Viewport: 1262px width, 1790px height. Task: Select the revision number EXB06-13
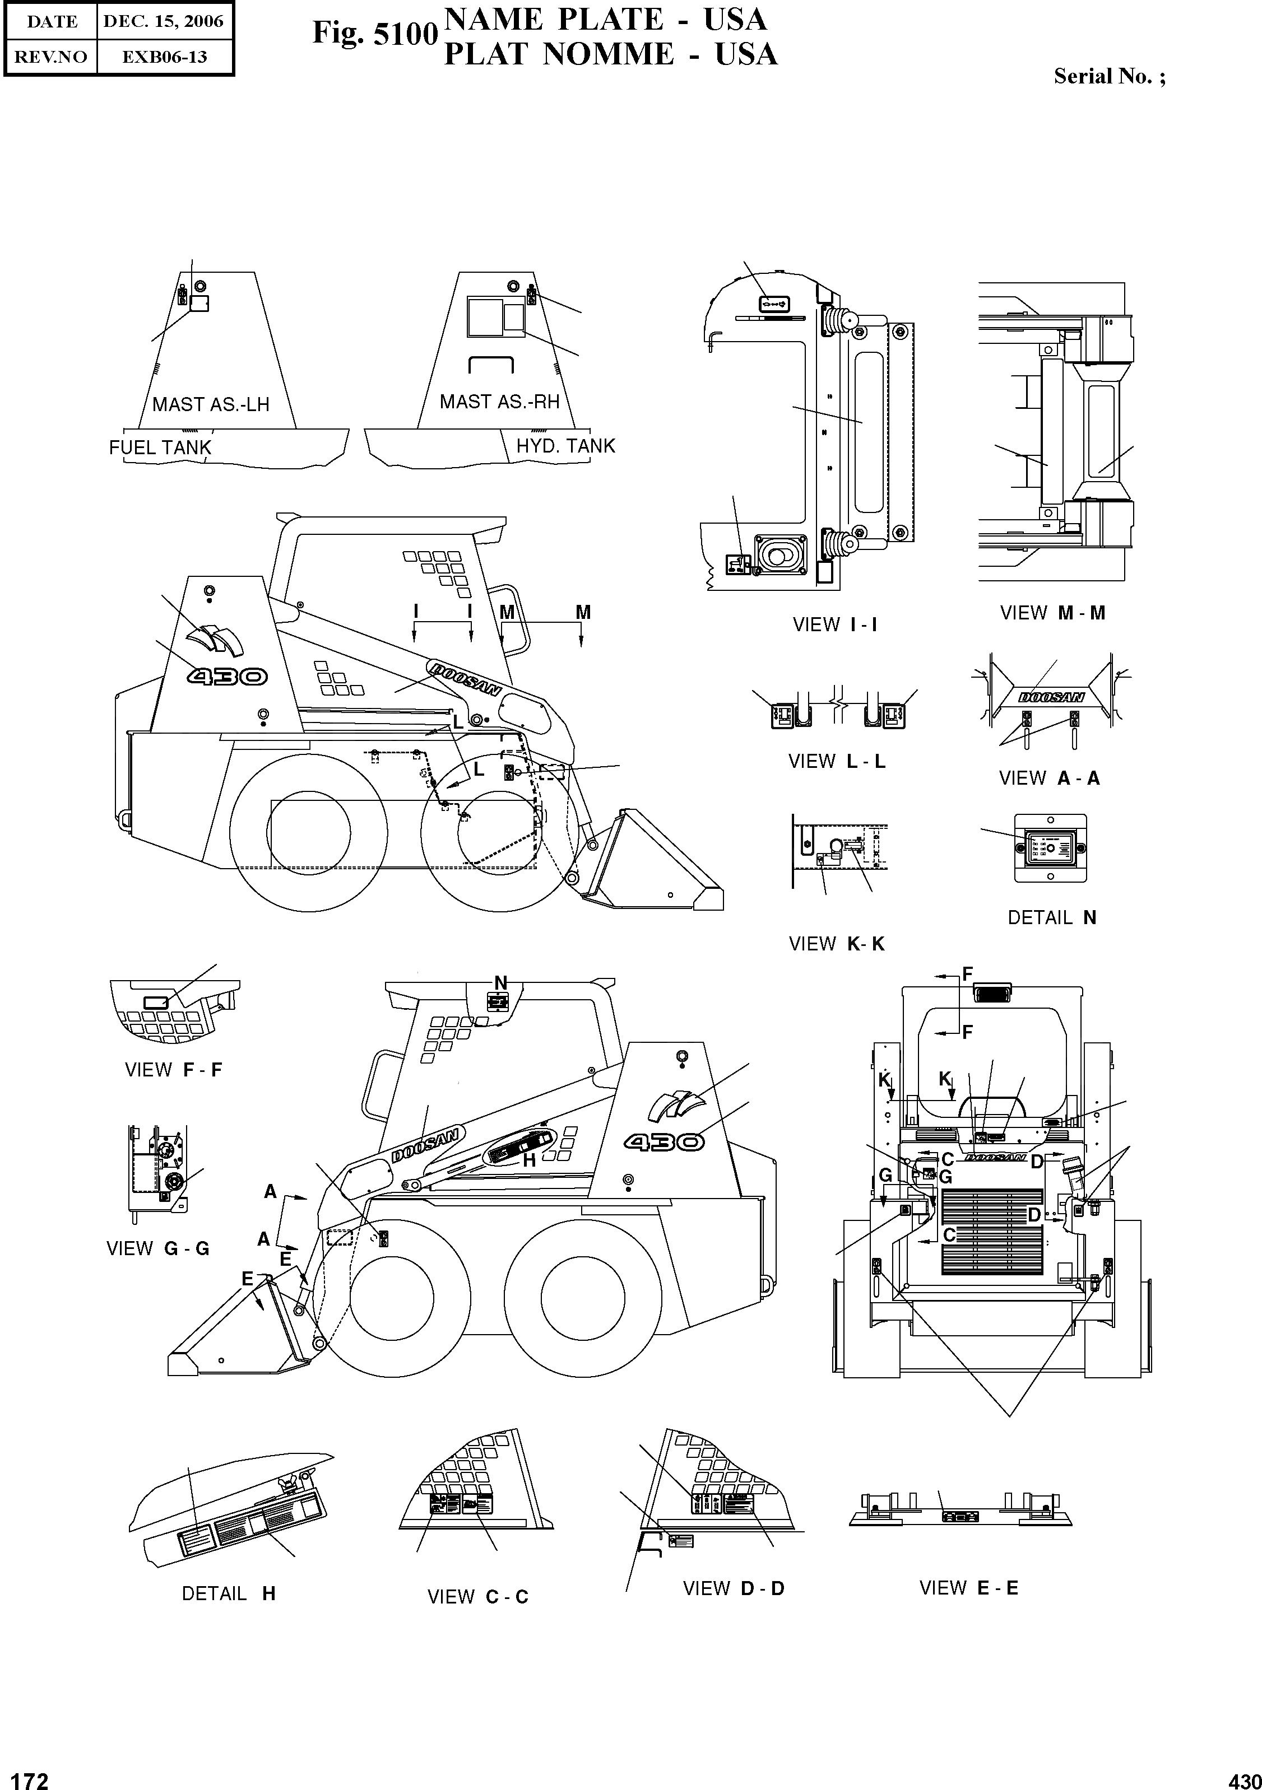164,57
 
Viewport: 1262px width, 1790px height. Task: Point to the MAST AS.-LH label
211,404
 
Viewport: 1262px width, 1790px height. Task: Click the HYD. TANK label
565,446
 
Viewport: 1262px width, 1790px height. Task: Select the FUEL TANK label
160,447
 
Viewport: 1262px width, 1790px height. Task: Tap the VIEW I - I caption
834,624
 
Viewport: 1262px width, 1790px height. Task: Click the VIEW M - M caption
1052,613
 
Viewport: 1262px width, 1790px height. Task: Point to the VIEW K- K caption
836,944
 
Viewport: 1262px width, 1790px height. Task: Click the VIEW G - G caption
157,1248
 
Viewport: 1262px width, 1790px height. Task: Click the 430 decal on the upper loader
226,676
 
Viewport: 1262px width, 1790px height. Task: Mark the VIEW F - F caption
173,1070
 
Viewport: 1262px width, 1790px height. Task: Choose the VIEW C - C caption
477,1597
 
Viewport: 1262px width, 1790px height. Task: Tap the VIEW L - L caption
837,761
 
